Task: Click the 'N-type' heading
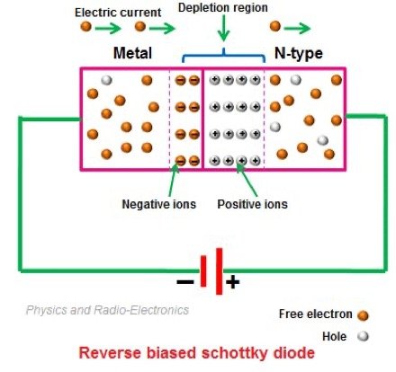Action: point(296,53)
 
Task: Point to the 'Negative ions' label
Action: point(157,204)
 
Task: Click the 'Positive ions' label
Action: point(253,204)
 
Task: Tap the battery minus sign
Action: point(185,280)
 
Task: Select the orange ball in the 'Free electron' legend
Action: point(364,314)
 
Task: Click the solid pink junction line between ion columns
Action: point(203,117)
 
